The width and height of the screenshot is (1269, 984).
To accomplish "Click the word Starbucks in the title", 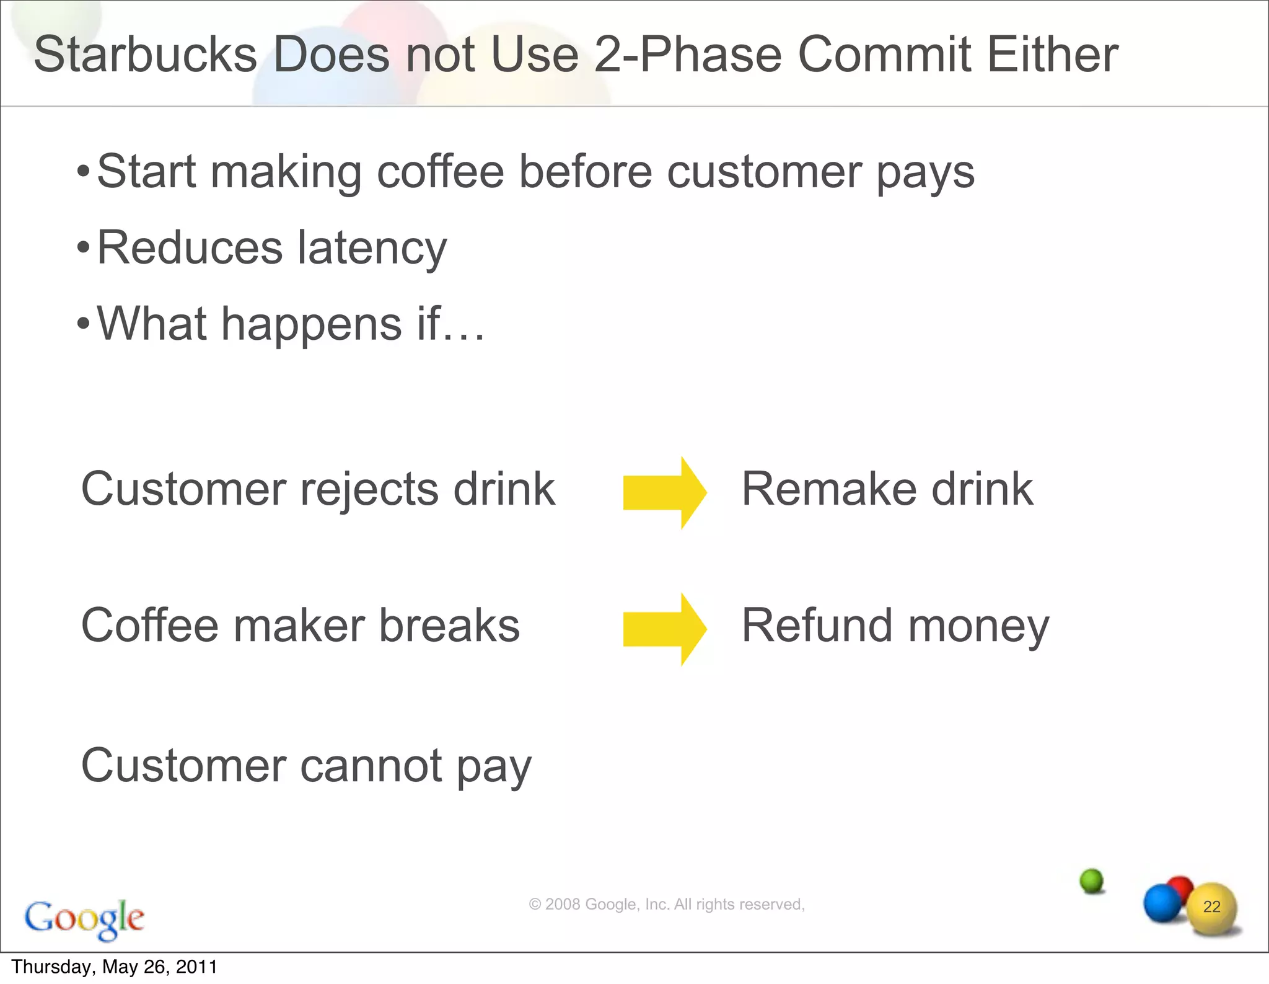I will [145, 55].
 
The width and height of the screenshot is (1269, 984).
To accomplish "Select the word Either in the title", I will [1052, 55].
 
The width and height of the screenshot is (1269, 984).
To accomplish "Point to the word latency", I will [372, 248].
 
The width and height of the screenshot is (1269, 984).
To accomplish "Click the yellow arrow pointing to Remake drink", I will [664, 493].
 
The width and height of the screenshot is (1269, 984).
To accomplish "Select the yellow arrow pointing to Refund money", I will [664, 629].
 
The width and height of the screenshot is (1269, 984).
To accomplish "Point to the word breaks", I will [449, 626].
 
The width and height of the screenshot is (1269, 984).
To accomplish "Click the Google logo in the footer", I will [84, 918].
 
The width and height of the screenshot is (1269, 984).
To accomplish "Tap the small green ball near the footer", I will [1092, 880].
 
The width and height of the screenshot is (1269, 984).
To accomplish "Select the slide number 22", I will [1211, 907].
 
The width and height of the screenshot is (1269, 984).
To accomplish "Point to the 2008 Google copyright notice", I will [666, 905].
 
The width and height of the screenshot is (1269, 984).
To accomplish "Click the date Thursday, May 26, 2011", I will [115, 967].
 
